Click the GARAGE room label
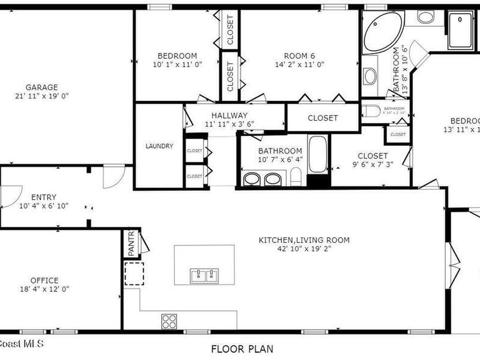point(42,87)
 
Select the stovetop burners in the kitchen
point(169,321)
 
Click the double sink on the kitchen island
point(204,276)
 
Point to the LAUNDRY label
point(159,146)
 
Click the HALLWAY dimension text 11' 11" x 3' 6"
point(229,124)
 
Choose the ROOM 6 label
point(300,56)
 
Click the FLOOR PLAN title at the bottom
point(242,349)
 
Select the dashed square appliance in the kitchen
point(134,274)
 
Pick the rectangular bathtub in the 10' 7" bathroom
point(318,154)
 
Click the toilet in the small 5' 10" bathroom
point(371,111)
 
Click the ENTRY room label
point(44,197)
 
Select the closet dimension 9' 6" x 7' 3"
point(373,165)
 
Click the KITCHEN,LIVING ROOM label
point(304,240)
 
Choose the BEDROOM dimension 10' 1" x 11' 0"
point(177,65)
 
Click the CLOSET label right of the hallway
point(322,118)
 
